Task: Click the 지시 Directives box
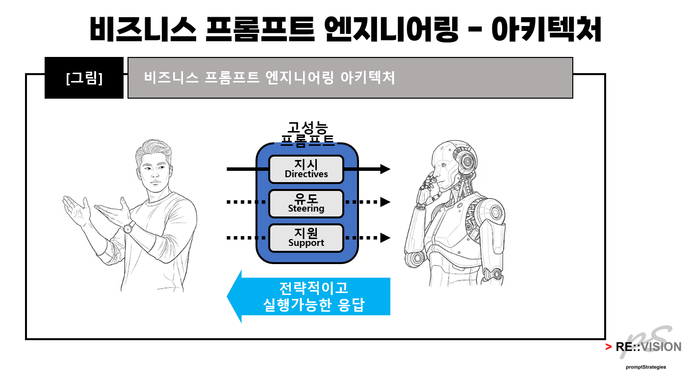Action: coord(306,169)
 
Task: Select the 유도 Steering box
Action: coord(306,204)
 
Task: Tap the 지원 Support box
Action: coord(306,238)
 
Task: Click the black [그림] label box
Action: coord(84,78)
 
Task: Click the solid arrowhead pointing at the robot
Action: coord(385,169)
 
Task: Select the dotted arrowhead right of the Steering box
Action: coord(385,202)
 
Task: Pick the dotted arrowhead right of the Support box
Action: coord(385,238)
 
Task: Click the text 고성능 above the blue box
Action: coord(307,128)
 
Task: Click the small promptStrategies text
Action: coord(645,367)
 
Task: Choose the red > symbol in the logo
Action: coord(608,347)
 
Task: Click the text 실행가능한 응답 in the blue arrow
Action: coord(314,306)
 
